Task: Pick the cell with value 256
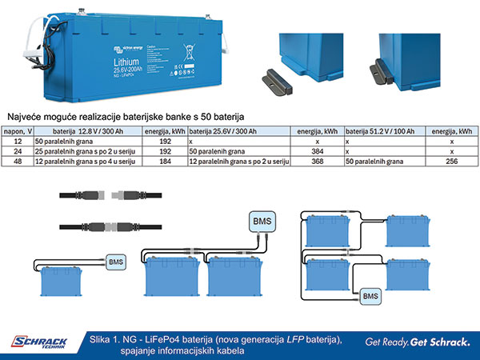450,162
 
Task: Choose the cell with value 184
165,162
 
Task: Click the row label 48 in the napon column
18,162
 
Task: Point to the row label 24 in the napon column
18,150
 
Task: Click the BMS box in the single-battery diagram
115,261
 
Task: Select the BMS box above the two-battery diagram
262,221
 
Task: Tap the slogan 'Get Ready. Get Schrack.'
416,343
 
